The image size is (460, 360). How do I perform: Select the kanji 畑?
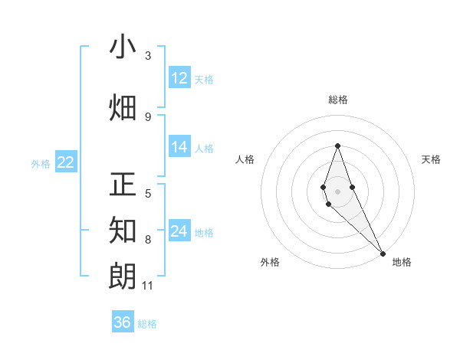pyautogui.click(x=123, y=107)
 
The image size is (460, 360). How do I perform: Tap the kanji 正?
pyautogui.click(x=123, y=185)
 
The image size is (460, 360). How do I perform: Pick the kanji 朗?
pyautogui.click(x=123, y=274)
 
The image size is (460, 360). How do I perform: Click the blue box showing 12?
pyautogui.click(x=179, y=78)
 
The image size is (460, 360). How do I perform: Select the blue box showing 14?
pyautogui.click(x=179, y=147)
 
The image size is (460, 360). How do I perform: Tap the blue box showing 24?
pyautogui.click(x=179, y=231)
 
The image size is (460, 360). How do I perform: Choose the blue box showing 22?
pyautogui.click(x=65, y=162)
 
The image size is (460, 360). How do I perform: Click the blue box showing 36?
pyautogui.click(x=123, y=322)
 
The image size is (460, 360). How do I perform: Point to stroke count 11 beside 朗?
pyautogui.click(x=147, y=286)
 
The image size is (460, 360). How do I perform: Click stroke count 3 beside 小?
pyautogui.click(x=148, y=56)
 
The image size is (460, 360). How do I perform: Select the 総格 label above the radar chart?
pyautogui.click(x=337, y=100)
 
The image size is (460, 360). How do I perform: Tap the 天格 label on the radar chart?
pyautogui.click(x=431, y=159)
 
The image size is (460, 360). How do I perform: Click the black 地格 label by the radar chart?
pyautogui.click(x=402, y=262)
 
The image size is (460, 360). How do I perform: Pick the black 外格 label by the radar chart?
pyautogui.click(x=270, y=262)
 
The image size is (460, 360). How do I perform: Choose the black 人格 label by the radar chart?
pyautogui.click(x=245, y=159)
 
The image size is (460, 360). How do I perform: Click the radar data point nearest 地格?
pyautogui.click(x=383, y=253)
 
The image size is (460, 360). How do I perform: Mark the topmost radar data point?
pyautogui.click(x=337, y=146)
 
